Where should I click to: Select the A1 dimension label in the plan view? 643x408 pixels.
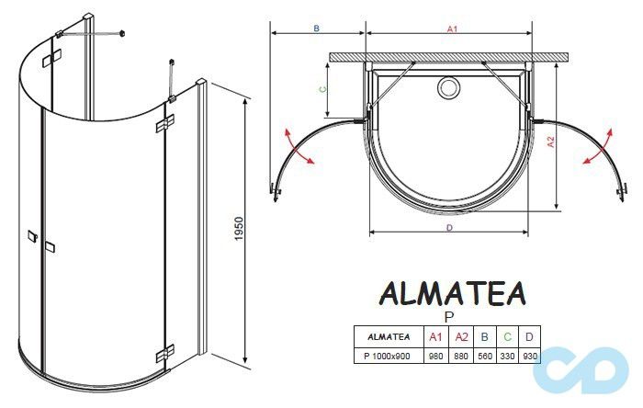coord(452,30)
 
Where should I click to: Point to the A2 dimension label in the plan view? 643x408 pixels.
coord(549,142)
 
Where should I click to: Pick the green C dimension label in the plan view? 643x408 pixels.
coord(321,89)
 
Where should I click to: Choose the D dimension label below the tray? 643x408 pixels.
coord(449,228)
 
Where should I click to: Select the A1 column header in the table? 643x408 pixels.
coord(436,335)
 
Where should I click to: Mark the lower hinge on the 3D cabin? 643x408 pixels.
coord(166,352)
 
